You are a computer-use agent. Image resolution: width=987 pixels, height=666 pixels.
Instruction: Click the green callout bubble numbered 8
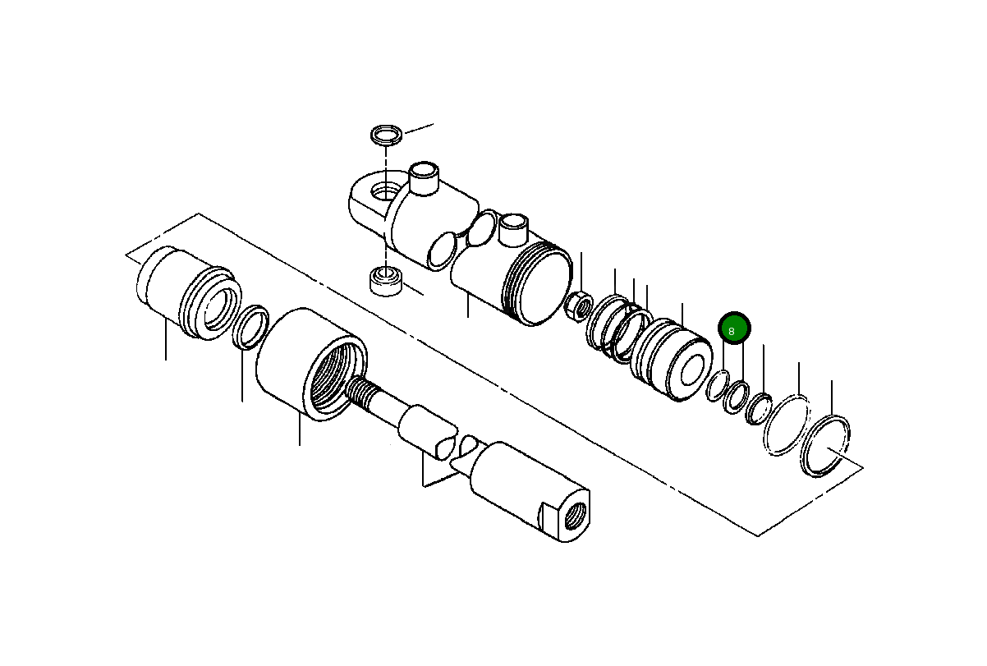(734, 329)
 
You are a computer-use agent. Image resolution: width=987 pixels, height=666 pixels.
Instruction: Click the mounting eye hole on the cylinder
(382, 192)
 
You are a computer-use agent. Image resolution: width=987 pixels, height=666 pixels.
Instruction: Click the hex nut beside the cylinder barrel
(579, 306)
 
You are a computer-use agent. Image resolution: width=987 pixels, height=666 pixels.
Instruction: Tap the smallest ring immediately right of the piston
(718, 385)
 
